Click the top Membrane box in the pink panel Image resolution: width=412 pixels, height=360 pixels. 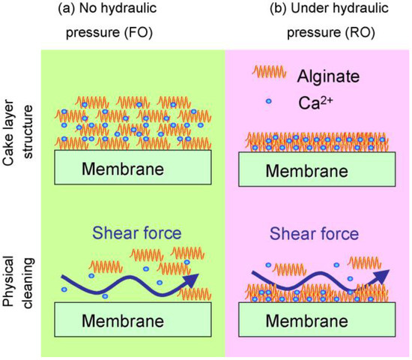pyautogui.click(x=317, y=169)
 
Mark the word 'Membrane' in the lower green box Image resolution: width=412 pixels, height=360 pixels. pyautogui.click(x=124, y=322)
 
